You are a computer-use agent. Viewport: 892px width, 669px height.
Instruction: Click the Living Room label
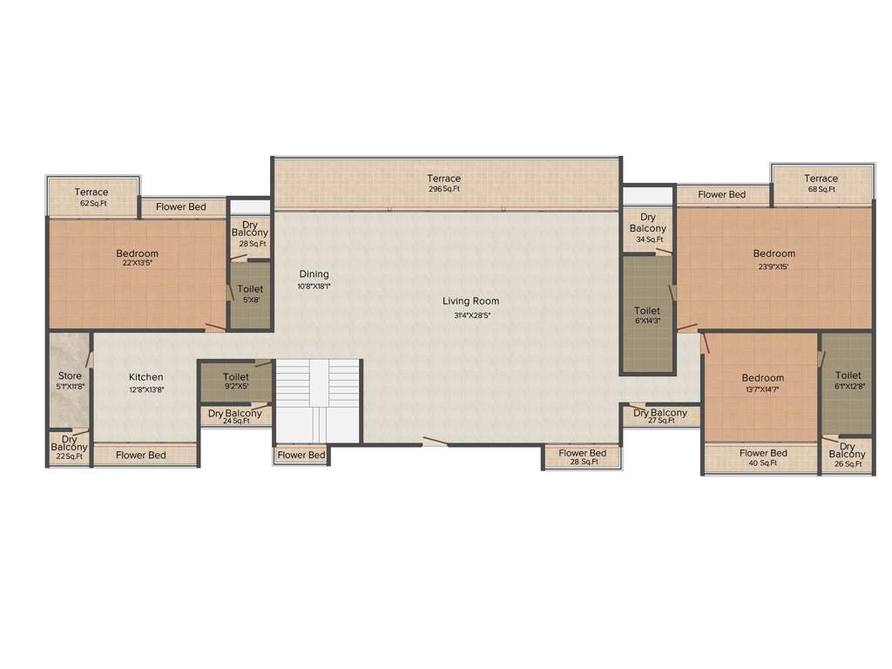click(x=470, y=301)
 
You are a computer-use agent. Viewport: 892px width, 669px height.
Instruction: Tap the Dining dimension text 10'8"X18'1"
click(x=314, y=286)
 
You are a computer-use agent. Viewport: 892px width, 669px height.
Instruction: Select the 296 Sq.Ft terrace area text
click(x=443, y=189)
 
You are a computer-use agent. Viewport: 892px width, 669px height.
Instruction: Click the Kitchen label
click(x=146, y=377)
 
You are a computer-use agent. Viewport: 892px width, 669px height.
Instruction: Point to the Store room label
click(x=70, y=376)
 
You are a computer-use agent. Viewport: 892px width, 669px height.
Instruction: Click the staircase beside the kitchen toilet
click(x=318, y=401)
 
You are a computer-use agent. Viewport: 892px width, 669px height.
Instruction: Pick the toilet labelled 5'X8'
click(x=249, y=294)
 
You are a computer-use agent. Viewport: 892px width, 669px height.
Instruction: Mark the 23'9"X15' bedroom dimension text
click(x=774, y=267)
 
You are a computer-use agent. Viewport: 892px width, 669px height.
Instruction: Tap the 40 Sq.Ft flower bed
click(x=763, y=458)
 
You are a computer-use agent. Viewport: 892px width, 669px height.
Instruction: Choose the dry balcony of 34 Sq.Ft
click(x=648, y=228)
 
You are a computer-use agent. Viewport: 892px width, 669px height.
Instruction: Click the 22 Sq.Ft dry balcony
click(x=70, y=448)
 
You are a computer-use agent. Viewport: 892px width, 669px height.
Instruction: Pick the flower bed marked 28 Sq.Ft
click(x=582, y=457)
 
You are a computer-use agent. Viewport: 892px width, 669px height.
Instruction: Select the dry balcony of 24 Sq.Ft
click(x=234, y=416)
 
